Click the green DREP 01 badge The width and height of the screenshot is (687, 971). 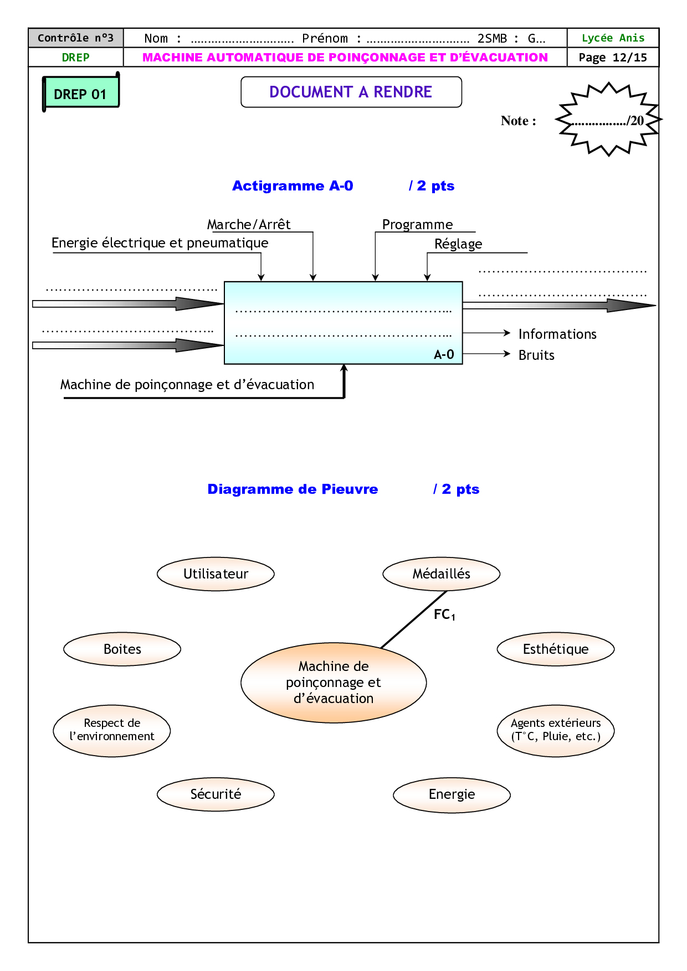pos(81,93)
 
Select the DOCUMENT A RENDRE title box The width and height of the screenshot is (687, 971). pos(351,92)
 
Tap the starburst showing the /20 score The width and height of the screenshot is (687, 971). pos(608,120)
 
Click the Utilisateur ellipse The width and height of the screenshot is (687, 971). pos(216,574)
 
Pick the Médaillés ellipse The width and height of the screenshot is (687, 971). pos(441,574)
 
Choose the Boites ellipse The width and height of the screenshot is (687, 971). pos(122,649)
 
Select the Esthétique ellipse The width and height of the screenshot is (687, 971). pos(556,649)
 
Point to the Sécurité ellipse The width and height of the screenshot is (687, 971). pos(216,794)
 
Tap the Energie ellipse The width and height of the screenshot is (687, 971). pos(452,795)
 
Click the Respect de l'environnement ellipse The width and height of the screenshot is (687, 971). pos(112,730)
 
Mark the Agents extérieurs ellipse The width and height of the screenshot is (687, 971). pos(556,730)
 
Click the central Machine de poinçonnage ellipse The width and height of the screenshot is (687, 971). pos(334,683)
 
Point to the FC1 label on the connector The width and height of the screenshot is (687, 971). pos(444,614)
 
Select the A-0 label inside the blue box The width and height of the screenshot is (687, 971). pos(444,355)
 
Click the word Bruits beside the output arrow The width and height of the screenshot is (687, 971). pos(536,355)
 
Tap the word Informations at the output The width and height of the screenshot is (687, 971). pos(557,334)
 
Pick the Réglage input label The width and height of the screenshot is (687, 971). pos(458,244)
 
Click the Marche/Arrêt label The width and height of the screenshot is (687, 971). pos(249,225)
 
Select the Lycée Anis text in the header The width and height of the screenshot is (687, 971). pos(613,38)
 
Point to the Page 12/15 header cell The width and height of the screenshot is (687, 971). pos(613,58)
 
